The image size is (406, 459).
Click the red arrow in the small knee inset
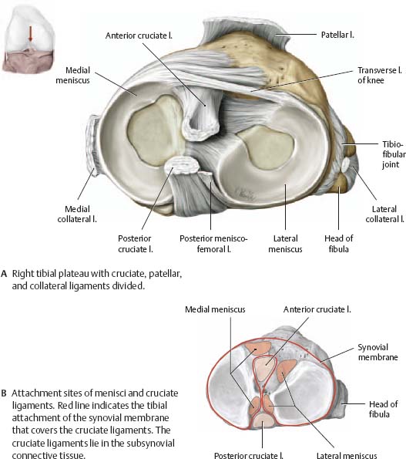coord(30,34)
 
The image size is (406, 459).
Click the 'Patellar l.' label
coord(337,35)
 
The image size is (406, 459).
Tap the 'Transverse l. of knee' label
coord(380,76)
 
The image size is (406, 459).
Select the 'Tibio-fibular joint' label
coord(394,154)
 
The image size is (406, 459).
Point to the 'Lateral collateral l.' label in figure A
coord(384,214)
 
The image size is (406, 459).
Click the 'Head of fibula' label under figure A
coord(338,244)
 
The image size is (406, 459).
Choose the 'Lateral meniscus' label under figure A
coord(285,244)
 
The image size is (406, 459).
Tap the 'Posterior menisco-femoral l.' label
coord(213,244)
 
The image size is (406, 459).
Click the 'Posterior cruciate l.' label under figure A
coord(136,244)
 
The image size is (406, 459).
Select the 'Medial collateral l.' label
coord(77,214)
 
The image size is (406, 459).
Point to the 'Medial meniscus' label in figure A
coord(72,76)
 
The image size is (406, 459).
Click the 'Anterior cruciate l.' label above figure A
coord(139,35)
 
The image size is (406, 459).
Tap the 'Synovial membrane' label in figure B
coord(378,352)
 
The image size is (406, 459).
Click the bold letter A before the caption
coord(4,274)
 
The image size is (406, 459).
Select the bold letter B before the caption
coord(4,393)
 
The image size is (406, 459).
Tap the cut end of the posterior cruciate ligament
coord(182,165)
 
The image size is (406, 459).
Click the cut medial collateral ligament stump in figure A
coord(93,146)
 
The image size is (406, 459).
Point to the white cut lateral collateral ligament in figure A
coord(346,164)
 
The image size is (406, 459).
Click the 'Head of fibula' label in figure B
coord(383,409)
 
